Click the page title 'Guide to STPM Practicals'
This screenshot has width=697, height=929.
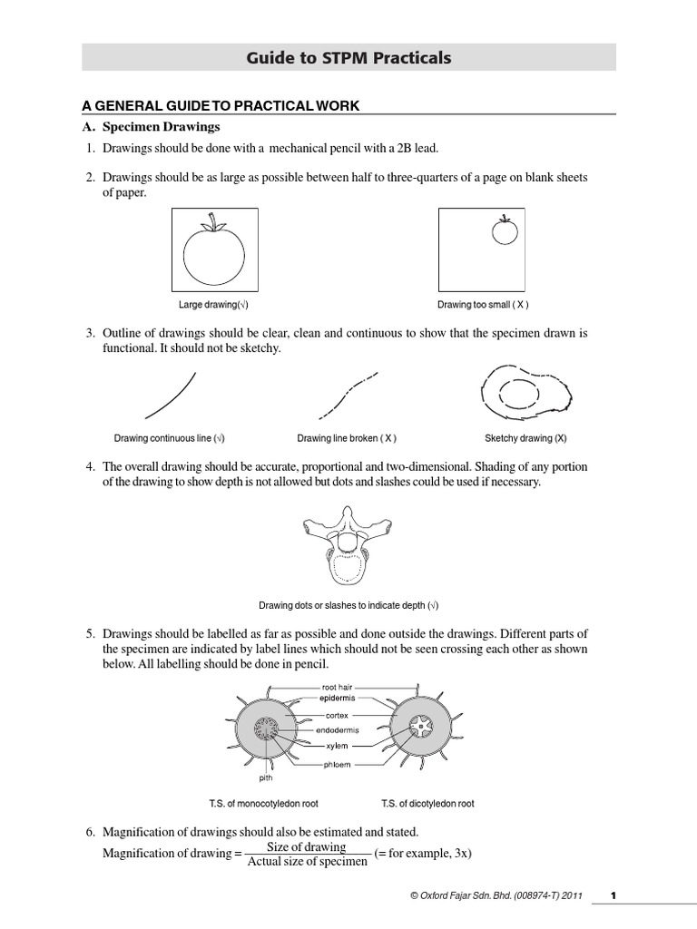point(348,59)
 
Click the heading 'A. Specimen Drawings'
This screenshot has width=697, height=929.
point(162,126)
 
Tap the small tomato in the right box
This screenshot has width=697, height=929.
point(504,232)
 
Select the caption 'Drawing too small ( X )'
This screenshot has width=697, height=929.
point(483,305)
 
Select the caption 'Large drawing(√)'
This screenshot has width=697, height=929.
point(213,305)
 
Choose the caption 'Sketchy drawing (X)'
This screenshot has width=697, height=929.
point(525,438)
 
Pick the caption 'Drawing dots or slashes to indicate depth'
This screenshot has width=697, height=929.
point(348,605)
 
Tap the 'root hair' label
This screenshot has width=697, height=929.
point(338,688)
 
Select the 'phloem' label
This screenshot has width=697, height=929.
point(338,765)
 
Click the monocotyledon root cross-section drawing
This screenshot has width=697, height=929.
point(270,729)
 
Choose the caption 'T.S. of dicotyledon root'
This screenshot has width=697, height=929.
point(427,804)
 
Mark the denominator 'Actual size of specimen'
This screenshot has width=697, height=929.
point(307,862)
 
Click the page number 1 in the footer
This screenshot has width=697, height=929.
point(614,896)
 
